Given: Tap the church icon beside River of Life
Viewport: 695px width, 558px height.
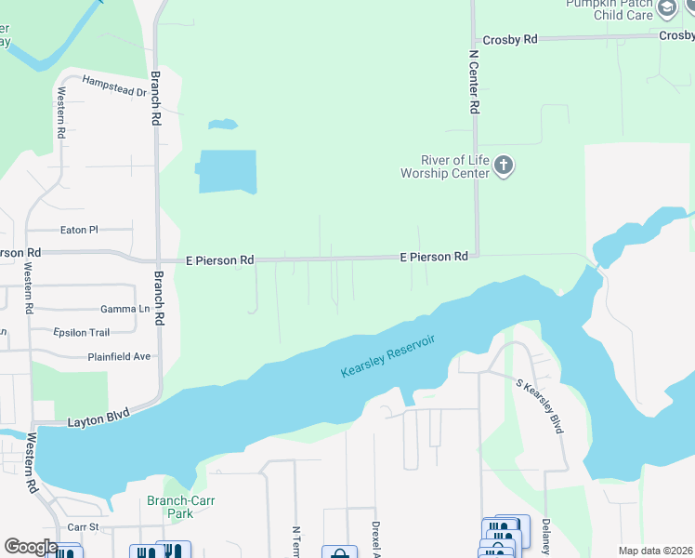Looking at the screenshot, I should point(504,166).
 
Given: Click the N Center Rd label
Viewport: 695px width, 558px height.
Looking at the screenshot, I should point(473,81).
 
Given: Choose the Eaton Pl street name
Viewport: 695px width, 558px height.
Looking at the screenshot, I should point(79,229).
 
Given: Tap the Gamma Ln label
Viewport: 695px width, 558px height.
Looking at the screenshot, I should point(125,309).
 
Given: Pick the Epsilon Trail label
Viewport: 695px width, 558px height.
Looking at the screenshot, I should point(82,332).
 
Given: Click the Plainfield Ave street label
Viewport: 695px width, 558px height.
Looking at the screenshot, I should point(119,356).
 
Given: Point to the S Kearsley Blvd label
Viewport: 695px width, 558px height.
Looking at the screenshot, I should point(540,405).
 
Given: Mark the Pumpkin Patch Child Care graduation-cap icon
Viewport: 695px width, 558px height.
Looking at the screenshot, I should point(666,8).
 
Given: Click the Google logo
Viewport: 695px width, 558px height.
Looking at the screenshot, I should point(30,547).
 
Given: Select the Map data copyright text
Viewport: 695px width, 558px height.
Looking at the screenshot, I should point(654,551).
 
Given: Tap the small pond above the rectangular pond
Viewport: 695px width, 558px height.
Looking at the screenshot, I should point(222,124).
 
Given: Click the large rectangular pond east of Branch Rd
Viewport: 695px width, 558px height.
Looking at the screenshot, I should point(227,171).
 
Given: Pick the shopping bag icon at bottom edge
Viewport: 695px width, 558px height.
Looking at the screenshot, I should point(339,552).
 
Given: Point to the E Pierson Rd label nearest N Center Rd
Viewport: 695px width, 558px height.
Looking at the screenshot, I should point(433,256).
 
